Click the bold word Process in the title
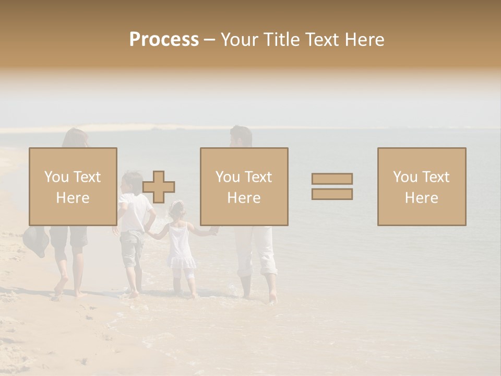164,40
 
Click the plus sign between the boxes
159,186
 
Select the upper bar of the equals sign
332,179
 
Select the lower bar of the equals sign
332,194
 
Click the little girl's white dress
181,248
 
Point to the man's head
241,136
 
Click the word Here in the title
365,40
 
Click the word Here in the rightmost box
421,198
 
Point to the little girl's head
177,209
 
